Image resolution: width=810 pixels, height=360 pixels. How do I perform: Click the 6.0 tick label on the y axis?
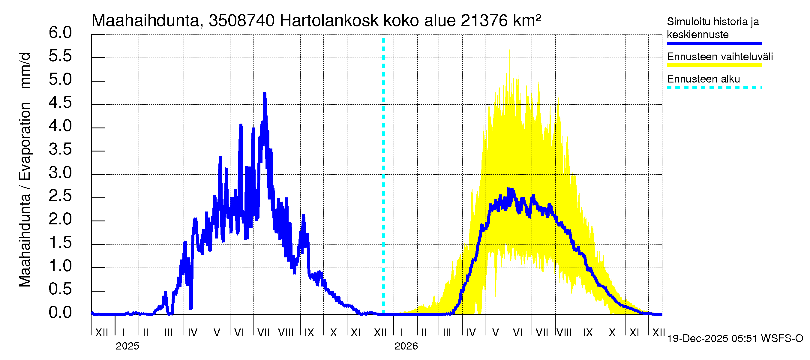pyautogui.click(x=60, y=33)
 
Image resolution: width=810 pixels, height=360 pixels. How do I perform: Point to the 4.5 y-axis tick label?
pyautogui.click(x=60, y=103)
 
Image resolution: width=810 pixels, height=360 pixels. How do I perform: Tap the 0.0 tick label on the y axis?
pyautogui.click(x=60, y=313)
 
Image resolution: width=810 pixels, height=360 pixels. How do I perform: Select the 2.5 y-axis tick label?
pyautogui.click(x=60, y=196)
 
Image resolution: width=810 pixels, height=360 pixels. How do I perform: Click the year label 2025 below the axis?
pyautogui.click(x=127, y=346)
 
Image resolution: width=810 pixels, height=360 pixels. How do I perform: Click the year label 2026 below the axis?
pyautogui.click(x=406, y=346)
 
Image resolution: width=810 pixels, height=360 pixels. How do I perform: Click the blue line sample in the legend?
pyautogui.click(x=714, y=43)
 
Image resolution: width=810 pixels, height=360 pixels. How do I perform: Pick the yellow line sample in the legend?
pyautogui.click(x=714, y=65)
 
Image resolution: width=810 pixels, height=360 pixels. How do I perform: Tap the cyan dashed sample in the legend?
pyautogui.click(x=714, y=88)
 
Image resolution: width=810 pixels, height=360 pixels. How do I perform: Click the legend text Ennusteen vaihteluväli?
pyautogui.click(x=720, y=57)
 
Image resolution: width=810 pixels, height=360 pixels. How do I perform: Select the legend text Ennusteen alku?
pyautogui.click(x=703, y=79)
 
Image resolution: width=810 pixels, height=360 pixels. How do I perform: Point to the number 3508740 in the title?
pyautogui.click(x=241, y=21)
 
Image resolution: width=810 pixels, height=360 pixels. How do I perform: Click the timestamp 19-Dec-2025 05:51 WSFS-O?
pyautogui.click(x=735, y=339)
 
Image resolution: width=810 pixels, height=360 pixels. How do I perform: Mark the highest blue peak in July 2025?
pyautogui.click(x=265, y=93)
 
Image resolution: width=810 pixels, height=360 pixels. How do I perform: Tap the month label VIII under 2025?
pyautogui.click(x=286, y=333)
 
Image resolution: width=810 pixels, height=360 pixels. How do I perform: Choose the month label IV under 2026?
pyautogui.click(x=471, y=333)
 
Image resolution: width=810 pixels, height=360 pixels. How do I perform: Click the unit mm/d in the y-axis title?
pyautogui.click(x=25, y=71)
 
